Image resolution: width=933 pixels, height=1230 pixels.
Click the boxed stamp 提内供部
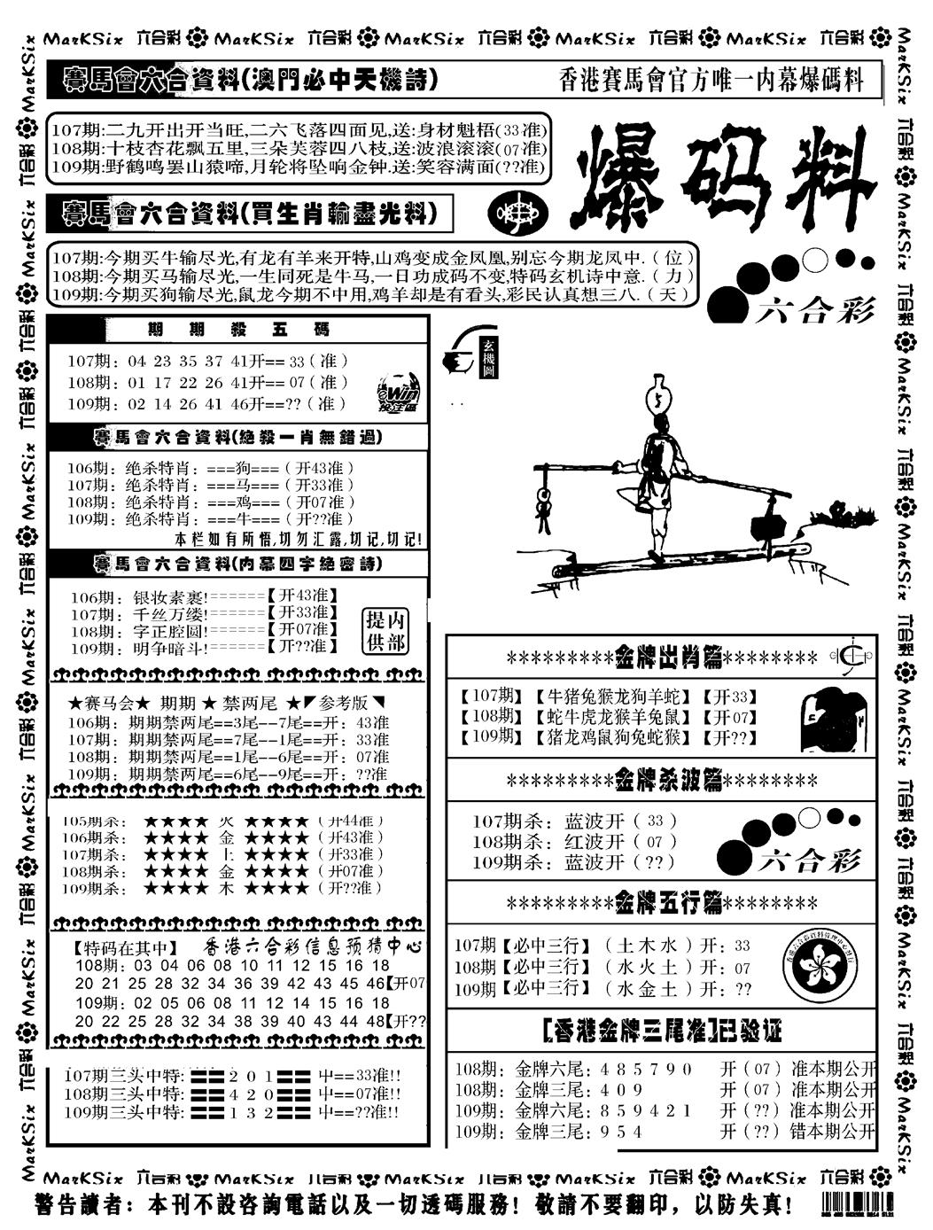(x=385, y=631)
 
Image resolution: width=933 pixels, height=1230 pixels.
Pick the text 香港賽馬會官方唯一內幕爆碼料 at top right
(x=711, y=81)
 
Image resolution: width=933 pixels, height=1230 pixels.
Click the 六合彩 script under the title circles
(x=816, y=309)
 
